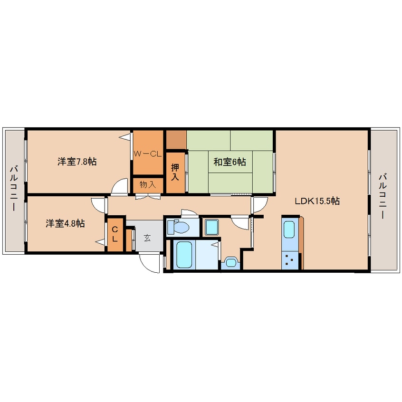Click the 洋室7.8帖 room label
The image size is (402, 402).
coord(77,162)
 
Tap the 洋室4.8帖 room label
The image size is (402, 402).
coord(65,223)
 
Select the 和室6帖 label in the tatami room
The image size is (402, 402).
coord(230,162)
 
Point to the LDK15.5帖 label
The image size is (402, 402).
coord(317,201)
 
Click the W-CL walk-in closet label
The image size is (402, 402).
coord(148,154)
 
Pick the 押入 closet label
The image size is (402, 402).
coord(175,172)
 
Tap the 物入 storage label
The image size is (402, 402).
coord(148,184)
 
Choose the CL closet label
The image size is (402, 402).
coord(115,234)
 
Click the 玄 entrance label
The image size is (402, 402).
coord(147,238)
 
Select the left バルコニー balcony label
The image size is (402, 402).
coord(14,189)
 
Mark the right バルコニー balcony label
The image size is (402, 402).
coord(383,196)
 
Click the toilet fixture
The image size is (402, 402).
coord(178,226)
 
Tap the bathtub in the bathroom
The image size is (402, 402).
coord(184,255)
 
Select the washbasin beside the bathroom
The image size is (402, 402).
coord(231,262)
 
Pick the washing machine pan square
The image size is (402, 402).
coord(212,227)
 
